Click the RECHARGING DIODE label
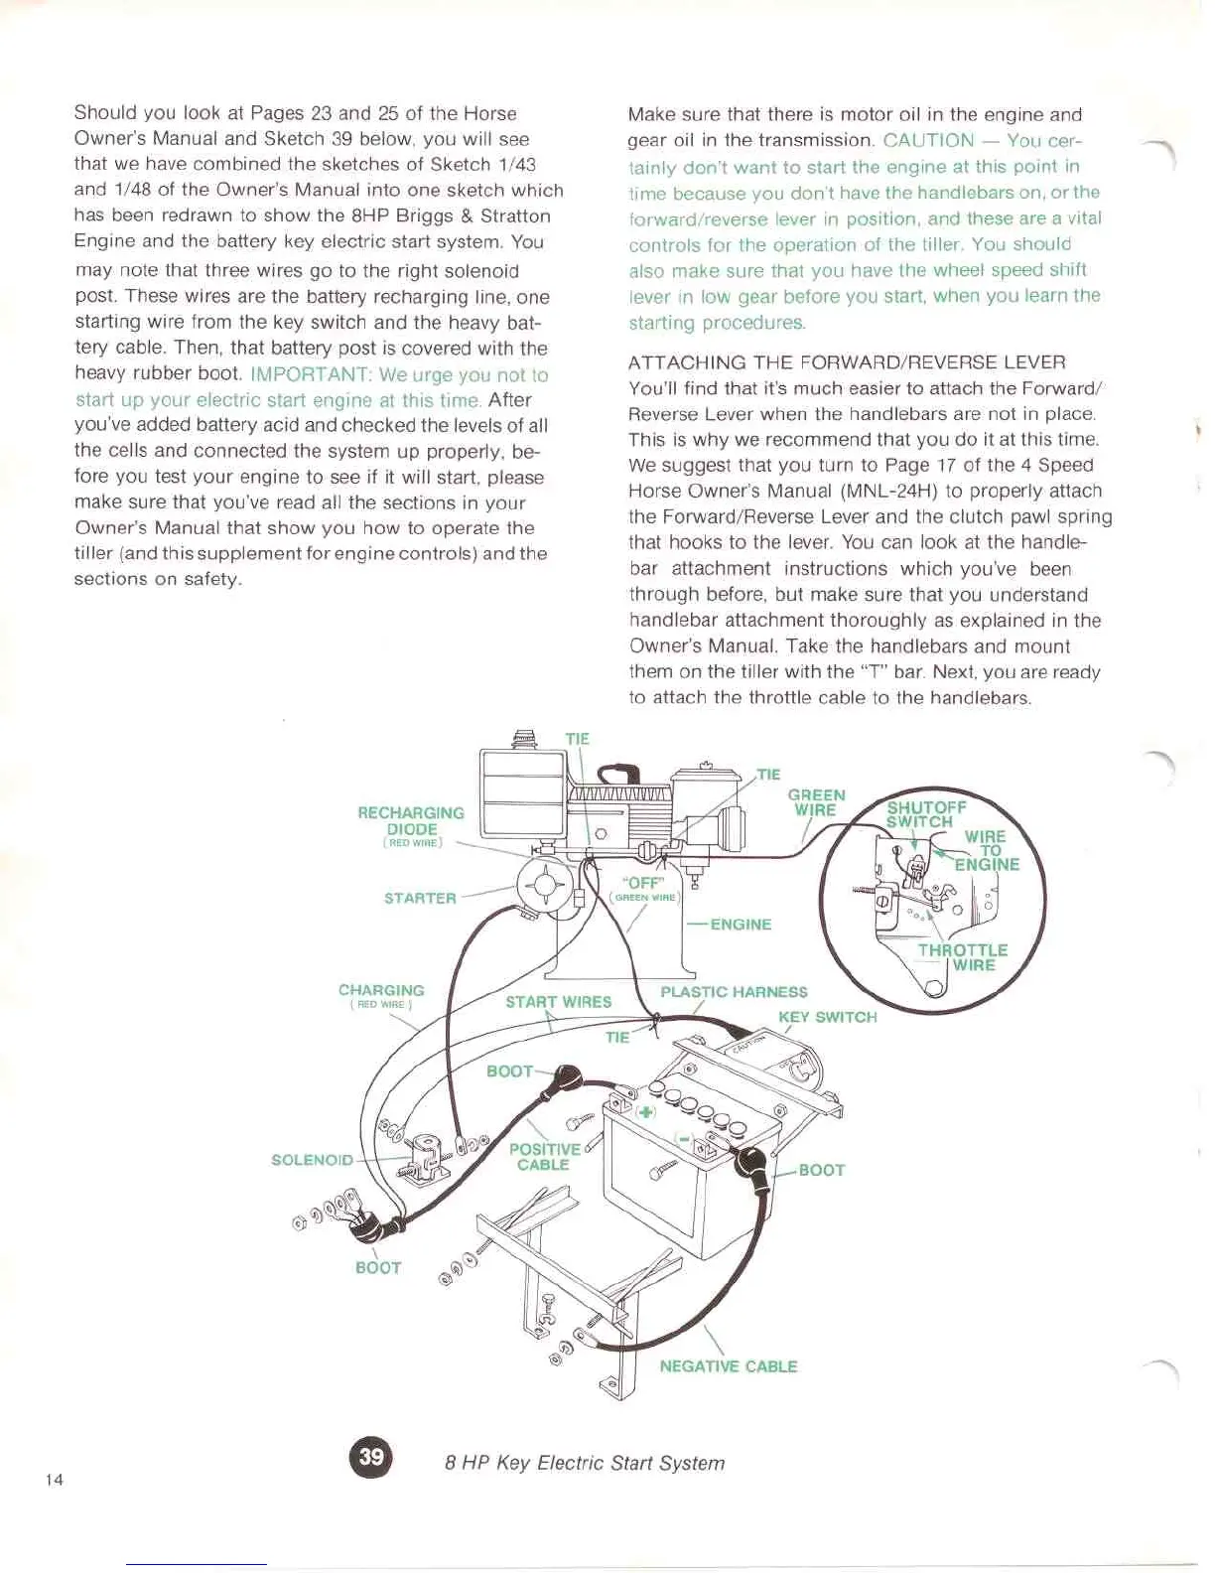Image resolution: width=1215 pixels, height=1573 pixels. (411, 821)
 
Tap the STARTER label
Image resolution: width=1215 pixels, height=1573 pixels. (420, 899)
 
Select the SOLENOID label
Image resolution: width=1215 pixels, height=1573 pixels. (312, 1160)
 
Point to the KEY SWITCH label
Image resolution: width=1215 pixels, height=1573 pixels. (827, 1017)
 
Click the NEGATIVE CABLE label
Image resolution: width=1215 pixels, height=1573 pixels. (728, 1366)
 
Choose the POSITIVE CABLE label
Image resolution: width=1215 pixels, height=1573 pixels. (544, 1157)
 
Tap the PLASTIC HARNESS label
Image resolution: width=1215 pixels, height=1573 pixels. (734, 992)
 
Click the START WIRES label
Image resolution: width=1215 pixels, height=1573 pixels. (558, 1002)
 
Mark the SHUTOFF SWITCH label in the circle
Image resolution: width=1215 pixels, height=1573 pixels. (925, 814)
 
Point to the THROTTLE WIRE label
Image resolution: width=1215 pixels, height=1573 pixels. (962, 957)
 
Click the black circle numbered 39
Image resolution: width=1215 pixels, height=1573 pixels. (371, 1457)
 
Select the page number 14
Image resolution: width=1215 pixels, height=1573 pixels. (55, 1480)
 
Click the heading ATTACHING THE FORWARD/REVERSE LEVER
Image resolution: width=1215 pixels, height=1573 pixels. (847, 362)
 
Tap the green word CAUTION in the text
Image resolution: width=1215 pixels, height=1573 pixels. (928, 141)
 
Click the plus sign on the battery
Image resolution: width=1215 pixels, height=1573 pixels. (646, 1111)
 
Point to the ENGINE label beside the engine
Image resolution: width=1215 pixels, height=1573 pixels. (741, 925)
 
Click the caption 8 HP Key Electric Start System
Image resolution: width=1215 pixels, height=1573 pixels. (585, 1463)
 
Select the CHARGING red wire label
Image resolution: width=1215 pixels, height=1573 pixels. (381, 994)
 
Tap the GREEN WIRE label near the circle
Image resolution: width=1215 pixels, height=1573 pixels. (816, 802)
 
